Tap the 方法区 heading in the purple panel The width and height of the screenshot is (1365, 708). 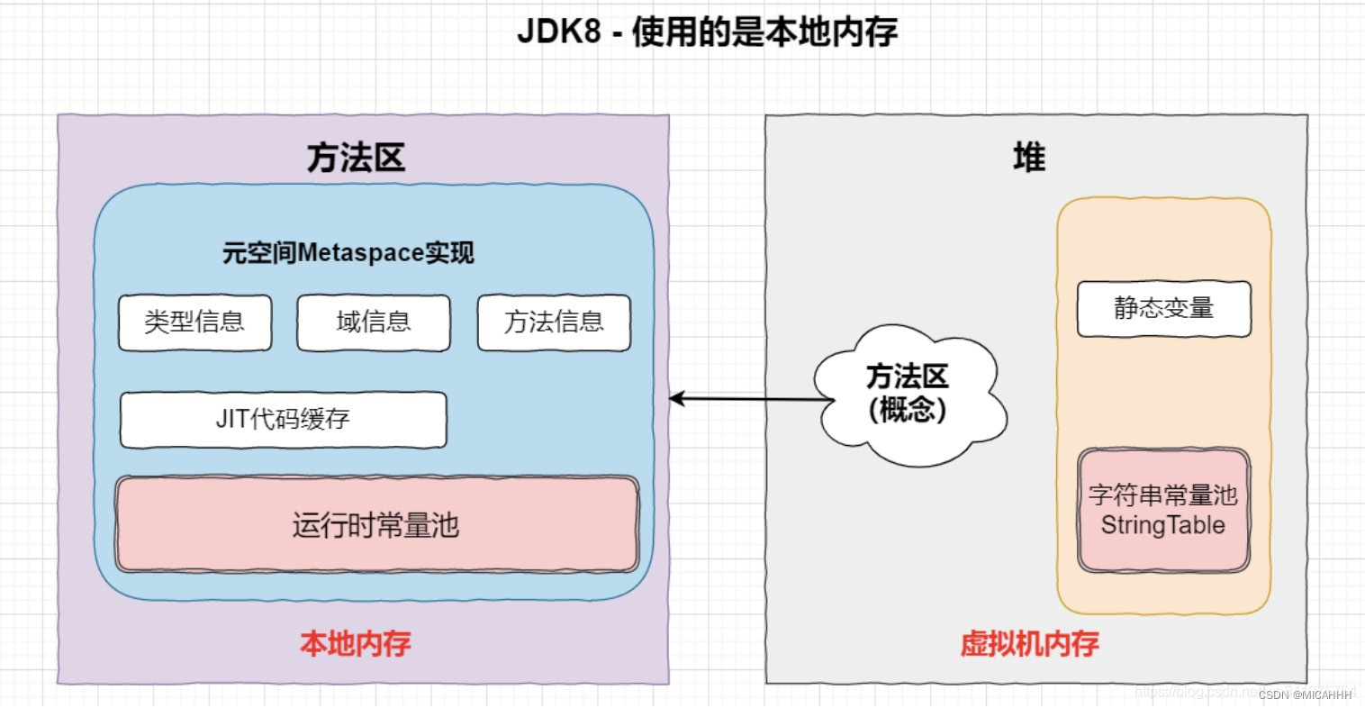tap(356, 158)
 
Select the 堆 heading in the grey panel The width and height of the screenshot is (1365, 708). tap(1028, 158)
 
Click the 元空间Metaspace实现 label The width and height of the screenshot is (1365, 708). tap(348, 253)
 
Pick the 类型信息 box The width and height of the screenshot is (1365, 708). tap(194, 322)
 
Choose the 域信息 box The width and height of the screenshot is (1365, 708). tap(374, 322)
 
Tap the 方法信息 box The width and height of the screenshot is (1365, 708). tap(554, 322)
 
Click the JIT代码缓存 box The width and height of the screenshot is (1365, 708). tap(283, 420)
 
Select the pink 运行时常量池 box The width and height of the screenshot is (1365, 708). tap(376, 524)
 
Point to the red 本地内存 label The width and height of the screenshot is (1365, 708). tap(356, 643)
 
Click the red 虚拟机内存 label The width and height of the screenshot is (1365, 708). tap(1029, 643)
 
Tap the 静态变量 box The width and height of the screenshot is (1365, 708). tap(1163, 309)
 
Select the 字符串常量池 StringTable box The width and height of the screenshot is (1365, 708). tap(1163, 510)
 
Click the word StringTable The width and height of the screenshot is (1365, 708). tap(1162, 525)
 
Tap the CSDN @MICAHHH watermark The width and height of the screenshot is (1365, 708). tap(1306, 694)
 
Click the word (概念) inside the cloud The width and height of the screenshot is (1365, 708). tap(908, 411)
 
